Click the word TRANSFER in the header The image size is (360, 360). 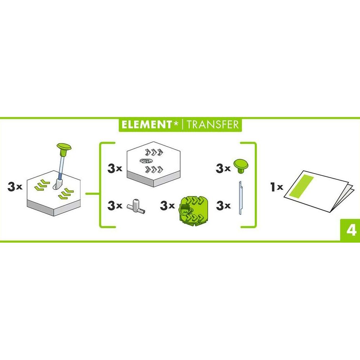[x=212, y=125]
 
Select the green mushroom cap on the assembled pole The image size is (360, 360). [x=65, y=147]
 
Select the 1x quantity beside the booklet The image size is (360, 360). [x=276, y=187]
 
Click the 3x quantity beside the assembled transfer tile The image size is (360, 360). [x=15, y=187]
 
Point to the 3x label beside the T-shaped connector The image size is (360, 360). [x=114, y=206]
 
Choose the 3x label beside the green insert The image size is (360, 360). [x=167, y=206]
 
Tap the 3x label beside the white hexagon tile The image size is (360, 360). [x=114, y=169]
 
